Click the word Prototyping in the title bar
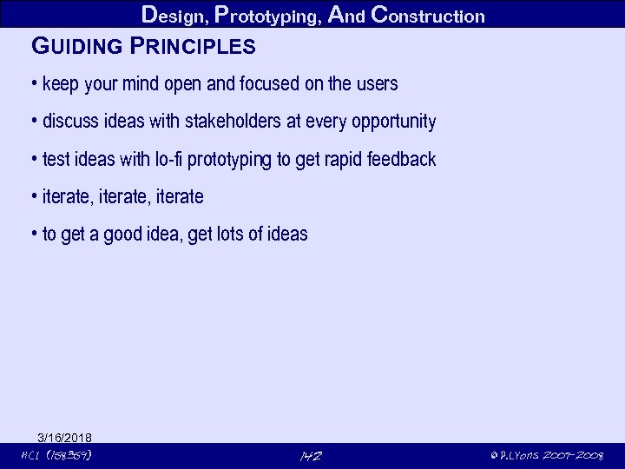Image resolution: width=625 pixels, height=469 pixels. (x=271, y=15)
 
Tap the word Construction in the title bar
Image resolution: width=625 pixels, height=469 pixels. (x=428, y=15)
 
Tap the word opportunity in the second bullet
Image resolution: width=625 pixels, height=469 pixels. (x=393, y=122)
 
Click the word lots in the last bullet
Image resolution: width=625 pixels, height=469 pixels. (x=233, y=234)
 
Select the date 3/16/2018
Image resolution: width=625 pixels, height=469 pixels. (x=65, y=437)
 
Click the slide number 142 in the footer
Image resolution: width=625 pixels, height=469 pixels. (x=310, y=456)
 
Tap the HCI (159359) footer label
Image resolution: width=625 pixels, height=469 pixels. (x=56, y=455)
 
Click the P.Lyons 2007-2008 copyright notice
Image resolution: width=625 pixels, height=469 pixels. (x=546, y=456)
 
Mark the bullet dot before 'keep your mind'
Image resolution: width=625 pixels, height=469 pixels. (x=33, y=84)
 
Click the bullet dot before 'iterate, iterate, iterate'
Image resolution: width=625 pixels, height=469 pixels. (x=33, y=197)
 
